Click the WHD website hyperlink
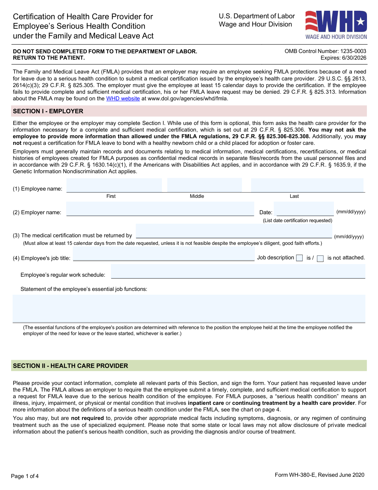tap(123, 99)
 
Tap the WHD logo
tap(336, 25)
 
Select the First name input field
tap(114, 185)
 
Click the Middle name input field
tap(204, 185)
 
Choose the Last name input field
tap(307, 185)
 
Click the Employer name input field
tap(160, 209)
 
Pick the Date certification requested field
tap(305, 209)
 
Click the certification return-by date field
tap(234, 231)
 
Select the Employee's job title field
tap(163, 254)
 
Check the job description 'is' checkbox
tap(300, 258)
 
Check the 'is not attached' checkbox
tap(320, 259)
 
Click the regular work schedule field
tap(238, 271)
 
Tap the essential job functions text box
tap(189, 309)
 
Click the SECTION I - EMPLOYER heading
tap(48, 111)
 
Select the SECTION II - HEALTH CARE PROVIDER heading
tap(71, 366)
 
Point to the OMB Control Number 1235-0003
tap(325, 51)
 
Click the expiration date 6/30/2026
tap(343, 58)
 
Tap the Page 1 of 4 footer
tap(25, 476)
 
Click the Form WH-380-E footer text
tap(319, 475)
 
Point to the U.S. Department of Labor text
tap(257, 16)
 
